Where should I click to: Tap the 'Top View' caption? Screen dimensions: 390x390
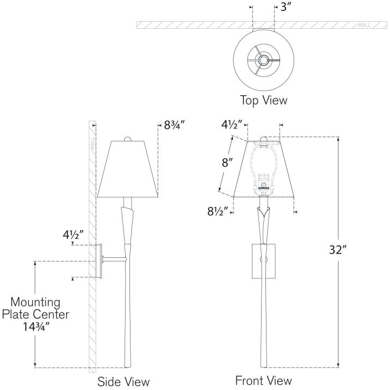point(263,100)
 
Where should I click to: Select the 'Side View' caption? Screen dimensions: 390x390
point(123,381)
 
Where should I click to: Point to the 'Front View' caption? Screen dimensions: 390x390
point(263,380)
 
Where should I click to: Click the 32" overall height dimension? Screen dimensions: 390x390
point(338,249)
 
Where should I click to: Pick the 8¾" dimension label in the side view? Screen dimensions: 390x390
point(174,125)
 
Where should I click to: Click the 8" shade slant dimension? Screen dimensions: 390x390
point(227,162)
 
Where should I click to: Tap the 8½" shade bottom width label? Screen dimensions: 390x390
point(218,211)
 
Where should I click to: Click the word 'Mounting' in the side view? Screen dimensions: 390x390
point(35,302)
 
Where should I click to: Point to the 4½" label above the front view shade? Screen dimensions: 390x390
point(232,125)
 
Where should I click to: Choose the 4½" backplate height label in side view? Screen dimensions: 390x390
point(73,235)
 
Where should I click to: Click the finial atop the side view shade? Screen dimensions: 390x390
point(128,139)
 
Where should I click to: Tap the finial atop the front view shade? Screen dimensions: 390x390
point(264,139)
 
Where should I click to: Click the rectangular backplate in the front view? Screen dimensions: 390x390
point(264,261)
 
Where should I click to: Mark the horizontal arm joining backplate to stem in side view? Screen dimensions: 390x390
point(114,259)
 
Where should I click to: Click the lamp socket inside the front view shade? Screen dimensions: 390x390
point(264,183)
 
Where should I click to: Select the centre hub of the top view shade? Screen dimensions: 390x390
point(263,60)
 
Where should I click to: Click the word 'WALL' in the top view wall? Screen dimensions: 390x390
point(364,25)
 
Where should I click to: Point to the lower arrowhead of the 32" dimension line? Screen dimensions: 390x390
point(338,365)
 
